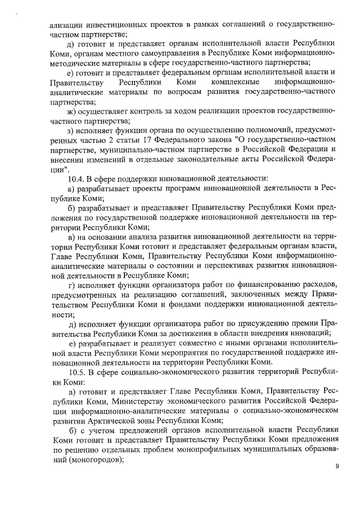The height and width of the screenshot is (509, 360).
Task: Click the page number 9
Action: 336,466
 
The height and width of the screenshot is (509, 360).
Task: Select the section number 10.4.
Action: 75,178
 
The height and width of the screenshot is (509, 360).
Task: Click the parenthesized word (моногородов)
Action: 95,459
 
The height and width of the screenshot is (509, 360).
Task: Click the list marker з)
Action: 71,130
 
